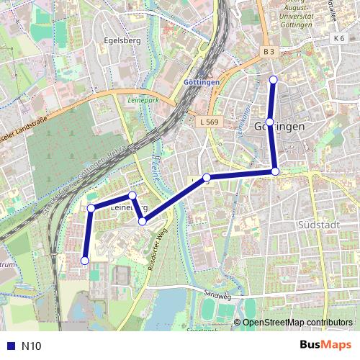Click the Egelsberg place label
(122, 41)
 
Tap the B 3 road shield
(269, 52)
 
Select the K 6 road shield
(339, 37)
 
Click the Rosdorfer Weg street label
(157, 249)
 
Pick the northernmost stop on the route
(273, 79)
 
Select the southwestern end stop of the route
(85, 261)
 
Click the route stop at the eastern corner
(275, 171)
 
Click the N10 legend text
(32, 346)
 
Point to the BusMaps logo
(326, 345)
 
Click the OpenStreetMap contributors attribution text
(297, 322)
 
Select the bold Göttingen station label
(202, 83)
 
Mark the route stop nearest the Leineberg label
(132, 196)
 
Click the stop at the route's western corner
(91, 208)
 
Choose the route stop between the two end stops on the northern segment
(269, 122)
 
